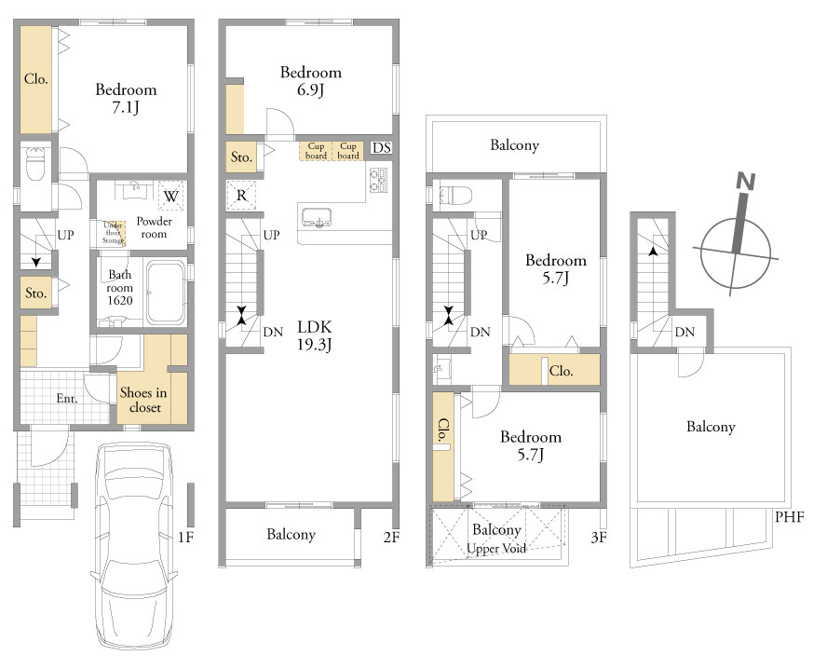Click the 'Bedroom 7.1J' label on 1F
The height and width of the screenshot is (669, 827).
(126, 98)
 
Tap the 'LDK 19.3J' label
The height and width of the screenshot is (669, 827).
(315, 335)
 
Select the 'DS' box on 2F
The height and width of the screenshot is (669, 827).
(381, 148)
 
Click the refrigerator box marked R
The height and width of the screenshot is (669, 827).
(241, 196)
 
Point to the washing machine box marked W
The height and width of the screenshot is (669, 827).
(170, 197)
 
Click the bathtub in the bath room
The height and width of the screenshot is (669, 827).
(166, 293)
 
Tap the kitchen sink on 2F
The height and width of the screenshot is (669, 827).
(317, 218)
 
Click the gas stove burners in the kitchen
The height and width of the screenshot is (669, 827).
(378, 180)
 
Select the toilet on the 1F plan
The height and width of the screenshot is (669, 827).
(36, 164)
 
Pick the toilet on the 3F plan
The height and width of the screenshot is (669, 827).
(450, 195)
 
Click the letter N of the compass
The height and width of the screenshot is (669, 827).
(746, 182)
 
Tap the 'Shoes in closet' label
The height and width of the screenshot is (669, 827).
(143, 400)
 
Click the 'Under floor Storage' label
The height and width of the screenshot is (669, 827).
(114, 233)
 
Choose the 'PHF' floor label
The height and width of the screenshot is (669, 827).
(789, 516)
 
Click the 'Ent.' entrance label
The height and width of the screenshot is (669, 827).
(67, 399)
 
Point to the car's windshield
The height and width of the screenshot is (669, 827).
(134, 488)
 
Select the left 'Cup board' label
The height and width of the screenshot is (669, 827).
(316, 151)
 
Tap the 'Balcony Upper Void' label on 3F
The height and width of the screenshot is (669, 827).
(496, 539)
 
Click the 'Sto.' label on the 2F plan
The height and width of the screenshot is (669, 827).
(241, 157)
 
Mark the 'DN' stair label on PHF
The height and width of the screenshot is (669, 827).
(685, 332)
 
